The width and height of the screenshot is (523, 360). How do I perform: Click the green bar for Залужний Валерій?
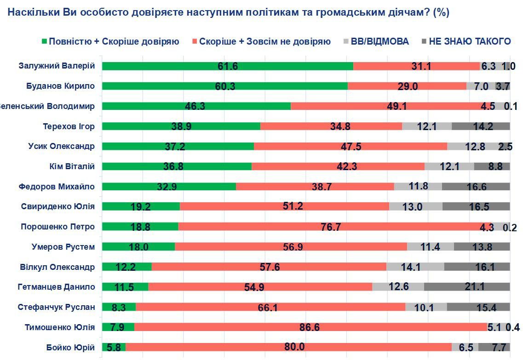point(227,66)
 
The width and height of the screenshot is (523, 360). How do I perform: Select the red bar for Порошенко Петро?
point(329,227)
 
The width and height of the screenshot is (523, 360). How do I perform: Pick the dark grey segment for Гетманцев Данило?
point(466,287)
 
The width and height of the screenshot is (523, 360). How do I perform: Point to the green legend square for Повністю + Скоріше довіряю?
point(44,41)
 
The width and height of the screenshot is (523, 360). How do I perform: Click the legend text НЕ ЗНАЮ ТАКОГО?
point(470,41)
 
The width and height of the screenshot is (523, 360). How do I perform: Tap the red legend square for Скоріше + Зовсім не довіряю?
point(195,41)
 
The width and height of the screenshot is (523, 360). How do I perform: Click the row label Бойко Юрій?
point(71,347)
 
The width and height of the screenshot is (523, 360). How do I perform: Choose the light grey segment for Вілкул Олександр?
point(415,267)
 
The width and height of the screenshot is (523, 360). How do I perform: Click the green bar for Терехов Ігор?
point(181,126)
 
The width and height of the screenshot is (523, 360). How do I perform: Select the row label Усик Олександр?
point(62,146)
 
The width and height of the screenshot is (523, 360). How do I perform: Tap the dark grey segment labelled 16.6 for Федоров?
point(476,186)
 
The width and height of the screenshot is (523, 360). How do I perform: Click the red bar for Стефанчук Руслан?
point(270,307)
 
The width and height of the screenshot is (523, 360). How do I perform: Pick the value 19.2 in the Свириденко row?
point(141,206)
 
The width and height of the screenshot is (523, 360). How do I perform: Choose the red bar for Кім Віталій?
point(338,166)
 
